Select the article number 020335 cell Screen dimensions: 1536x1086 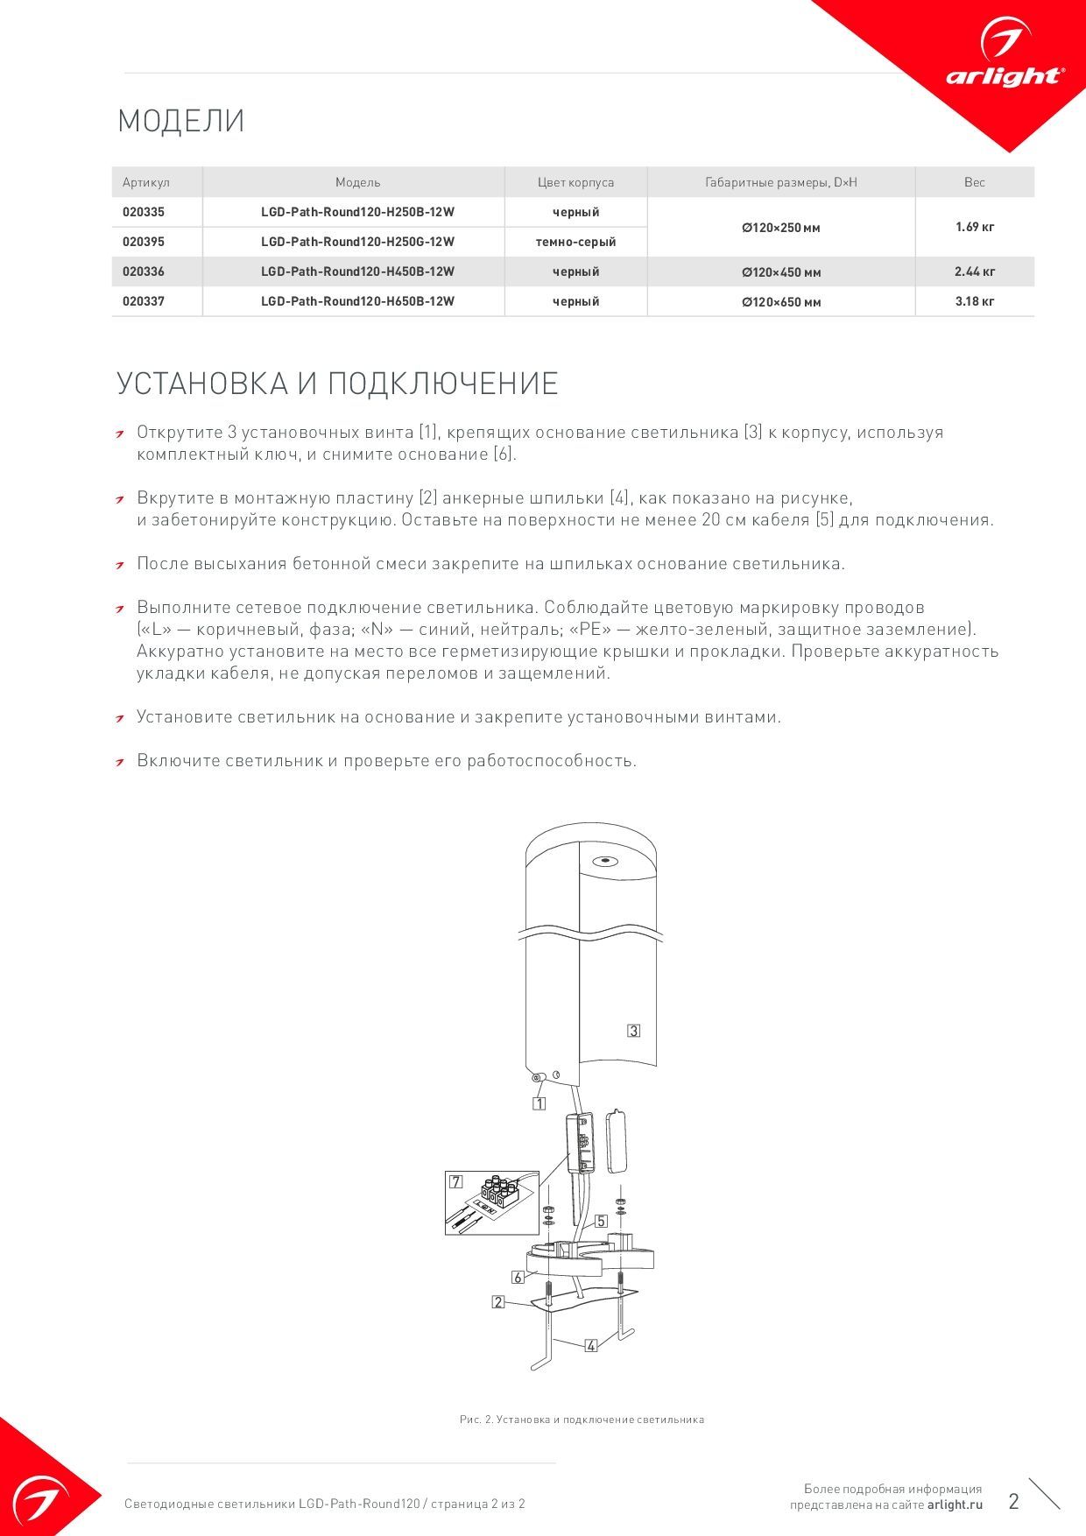(x=144, y=212)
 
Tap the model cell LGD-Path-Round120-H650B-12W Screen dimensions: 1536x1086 (x=357, y=301)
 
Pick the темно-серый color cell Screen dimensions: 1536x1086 (x=575, y=242)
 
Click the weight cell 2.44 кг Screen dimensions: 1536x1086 (x=975, y=271)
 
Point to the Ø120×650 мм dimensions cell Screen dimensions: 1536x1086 (x=781, y=302)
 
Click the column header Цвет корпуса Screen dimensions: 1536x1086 (x=575, y=182)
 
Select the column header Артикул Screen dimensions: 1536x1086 (x=146, y=182)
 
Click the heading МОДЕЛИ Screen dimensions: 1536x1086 (x=181, y=121)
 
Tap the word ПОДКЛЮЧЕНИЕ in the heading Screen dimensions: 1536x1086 (x=443, y=384)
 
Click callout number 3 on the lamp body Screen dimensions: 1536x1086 (x=633, y=1031)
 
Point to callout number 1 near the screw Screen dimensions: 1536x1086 (x=539, y=1103)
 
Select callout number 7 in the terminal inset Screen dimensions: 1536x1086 (x=456, y=1181)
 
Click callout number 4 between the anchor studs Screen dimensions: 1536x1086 (x=591, y=1345)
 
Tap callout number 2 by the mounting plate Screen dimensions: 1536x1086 (x=498, y=1302)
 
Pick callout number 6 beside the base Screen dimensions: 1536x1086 (x=518, y=1278)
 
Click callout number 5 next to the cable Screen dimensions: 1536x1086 (x=601, y=1221)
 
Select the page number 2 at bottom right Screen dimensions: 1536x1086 (x=1013, y=1502)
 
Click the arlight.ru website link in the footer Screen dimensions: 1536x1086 (x=955, y=1504)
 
